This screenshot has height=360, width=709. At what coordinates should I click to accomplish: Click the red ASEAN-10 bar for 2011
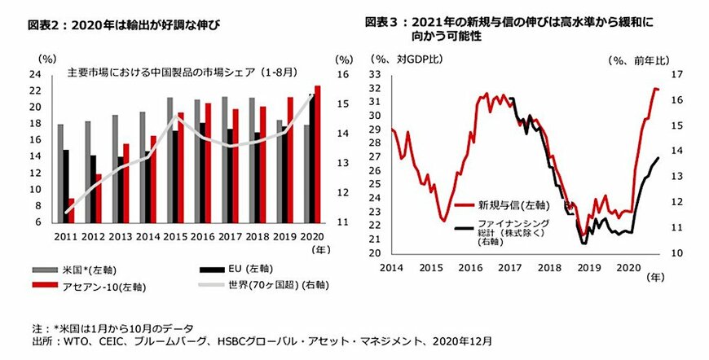point(71,210)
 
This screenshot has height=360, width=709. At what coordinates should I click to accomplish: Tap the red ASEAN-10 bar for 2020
point(317,153)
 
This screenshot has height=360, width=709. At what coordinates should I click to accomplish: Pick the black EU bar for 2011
point(64,186)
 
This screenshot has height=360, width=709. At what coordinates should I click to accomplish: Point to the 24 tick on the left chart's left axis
point(36,73)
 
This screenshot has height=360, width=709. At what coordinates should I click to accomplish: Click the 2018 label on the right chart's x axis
point(550,266)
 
